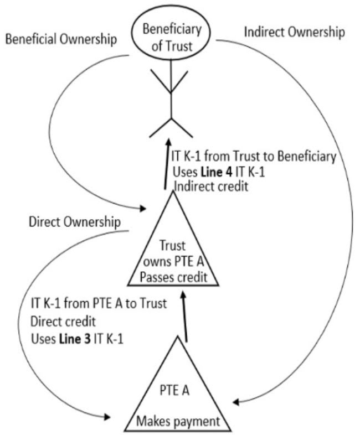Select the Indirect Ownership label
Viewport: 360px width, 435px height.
pos(294,32)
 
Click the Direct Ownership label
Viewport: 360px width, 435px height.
pos(74,222)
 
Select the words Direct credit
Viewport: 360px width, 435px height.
pos(64,321)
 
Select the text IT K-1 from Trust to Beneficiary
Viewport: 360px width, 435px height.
pos(254,157)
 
